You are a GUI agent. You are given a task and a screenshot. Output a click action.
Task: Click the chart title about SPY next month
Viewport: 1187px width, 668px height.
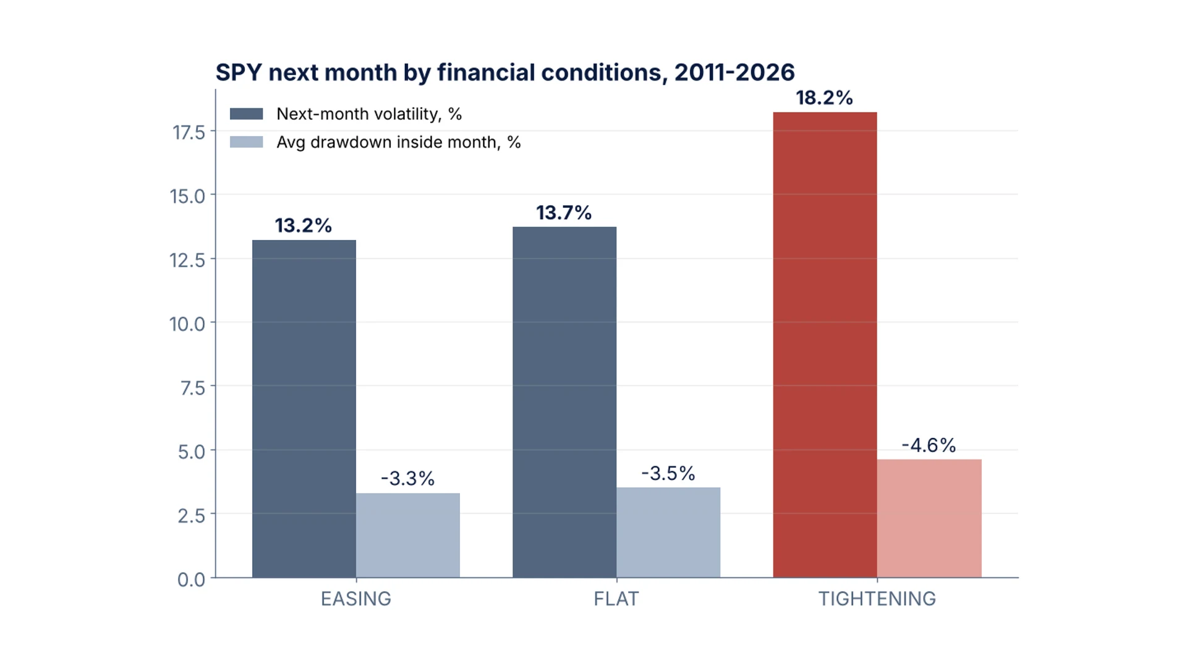(x=504, y=73)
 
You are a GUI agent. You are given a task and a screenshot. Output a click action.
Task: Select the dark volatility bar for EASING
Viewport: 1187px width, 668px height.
(x=304, y=409)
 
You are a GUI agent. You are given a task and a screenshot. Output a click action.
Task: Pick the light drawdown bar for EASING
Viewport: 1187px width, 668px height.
(x=408, y=536)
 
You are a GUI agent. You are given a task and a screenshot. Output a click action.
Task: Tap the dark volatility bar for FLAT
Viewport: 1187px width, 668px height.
(x=564, y=402)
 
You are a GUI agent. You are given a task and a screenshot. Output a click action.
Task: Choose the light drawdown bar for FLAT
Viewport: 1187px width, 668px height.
(x=668, y=533)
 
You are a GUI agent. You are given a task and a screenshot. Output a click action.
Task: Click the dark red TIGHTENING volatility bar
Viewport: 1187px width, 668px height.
(x=825, y=345)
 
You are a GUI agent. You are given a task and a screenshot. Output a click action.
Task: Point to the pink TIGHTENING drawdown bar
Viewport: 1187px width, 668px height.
(x=929, y=518)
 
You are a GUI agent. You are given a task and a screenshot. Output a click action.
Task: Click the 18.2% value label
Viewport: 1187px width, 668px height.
(x=824, y=98)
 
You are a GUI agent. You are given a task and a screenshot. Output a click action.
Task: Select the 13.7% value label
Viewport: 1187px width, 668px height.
(x=564, y=213)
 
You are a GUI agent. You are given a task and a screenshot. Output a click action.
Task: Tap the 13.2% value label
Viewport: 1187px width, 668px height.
(x=304, y=226)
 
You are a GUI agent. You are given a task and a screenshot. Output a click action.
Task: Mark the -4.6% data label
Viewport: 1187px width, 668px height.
(x=929, y=445)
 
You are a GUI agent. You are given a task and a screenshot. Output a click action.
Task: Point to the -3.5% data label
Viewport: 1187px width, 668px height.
(x=668, y=474)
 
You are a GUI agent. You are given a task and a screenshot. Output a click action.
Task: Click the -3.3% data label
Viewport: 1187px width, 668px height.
(x=408, y=479)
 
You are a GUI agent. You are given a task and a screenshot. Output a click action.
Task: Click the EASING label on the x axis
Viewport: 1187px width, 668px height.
(x=356, y=599)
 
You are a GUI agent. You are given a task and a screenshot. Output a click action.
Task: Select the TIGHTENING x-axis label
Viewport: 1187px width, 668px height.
(x=877, y=599)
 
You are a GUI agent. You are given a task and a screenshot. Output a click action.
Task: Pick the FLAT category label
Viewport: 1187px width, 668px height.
(x=616, y=599)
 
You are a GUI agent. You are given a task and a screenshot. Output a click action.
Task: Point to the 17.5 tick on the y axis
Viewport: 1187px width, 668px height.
(x=189, y=132)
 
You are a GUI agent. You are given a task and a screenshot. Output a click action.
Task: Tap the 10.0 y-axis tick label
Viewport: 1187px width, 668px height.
(x=187, y=323)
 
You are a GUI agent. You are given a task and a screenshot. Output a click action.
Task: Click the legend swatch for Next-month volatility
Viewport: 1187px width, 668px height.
(x=246, y=114)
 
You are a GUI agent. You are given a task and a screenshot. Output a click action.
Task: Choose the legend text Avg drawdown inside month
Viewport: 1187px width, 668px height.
(x=399, y=142)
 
